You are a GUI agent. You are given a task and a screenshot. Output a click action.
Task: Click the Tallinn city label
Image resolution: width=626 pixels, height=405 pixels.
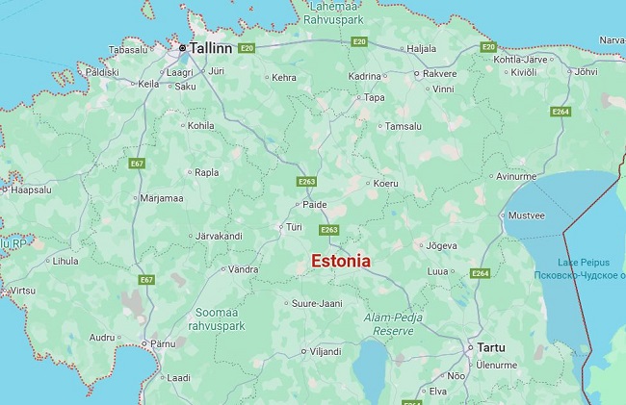click(x=211, y=47)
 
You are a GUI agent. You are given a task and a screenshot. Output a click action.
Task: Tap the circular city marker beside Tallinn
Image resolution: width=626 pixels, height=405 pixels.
click(x=182, y=47)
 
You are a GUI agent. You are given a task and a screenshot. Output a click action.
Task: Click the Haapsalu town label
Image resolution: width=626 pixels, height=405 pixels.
click(x=31, y=190)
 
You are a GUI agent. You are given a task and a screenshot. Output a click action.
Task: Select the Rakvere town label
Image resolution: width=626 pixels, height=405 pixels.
click(x=440, y=73)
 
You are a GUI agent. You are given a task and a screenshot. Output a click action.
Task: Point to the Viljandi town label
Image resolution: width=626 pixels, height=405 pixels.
click(x=325, y=352)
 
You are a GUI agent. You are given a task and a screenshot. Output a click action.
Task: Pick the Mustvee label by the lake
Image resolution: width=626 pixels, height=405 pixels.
click(x=526, y=215)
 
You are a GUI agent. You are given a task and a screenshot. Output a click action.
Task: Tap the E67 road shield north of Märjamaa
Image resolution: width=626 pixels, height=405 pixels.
click(x=138, y=164)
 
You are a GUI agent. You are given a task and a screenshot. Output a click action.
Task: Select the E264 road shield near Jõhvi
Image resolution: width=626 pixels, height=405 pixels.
click(x=560, y=112)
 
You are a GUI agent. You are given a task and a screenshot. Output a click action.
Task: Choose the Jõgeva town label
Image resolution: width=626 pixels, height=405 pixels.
click(x=441, y=245)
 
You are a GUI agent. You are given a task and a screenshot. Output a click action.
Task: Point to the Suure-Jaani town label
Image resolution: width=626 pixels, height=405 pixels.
click(x=317, y=304)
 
